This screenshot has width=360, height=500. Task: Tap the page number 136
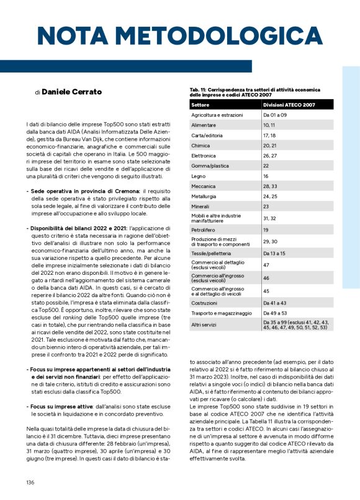pyautogui.click(x=30, y=483)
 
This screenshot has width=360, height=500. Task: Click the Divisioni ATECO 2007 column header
pyautogui.click(x=289, y=105)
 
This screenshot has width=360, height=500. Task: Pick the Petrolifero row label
pyautogui.click(x=205, y=230)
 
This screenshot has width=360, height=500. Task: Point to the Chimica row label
pyautogui.click(x=200, y=146)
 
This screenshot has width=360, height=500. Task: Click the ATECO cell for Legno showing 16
pyautogui.click(x=266, y=176)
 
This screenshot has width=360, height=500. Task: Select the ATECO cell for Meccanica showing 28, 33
pyautogui.click(x=271, y=186)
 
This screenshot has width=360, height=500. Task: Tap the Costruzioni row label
pyautogui.click(x=206, y=302)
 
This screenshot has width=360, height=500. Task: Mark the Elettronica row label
pyautogui.click(x=204, y=156)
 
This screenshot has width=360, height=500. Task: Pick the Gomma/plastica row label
pyautogui.click(x=208, y=166)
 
